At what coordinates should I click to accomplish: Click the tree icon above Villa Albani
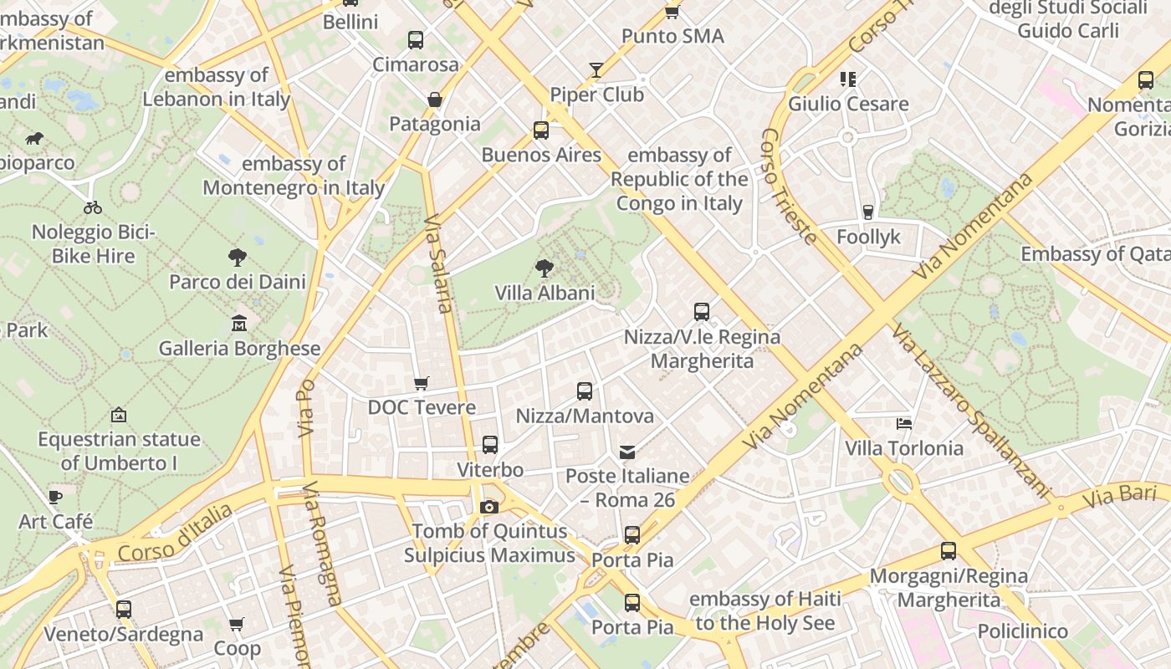(545, 268)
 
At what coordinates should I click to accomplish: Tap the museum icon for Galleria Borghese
(239, 323)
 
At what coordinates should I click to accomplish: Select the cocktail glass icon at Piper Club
(596, 70)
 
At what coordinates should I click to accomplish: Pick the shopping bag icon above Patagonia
(435, 100)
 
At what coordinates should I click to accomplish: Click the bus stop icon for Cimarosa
(416, 39)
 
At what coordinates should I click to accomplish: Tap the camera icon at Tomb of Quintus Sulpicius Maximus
(489, 507)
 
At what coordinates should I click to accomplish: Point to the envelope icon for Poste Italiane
(627, 452)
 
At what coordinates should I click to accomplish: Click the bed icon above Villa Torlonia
(904, 423)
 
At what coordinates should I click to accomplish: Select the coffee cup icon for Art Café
(55, 497)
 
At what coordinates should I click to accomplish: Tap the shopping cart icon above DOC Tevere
(422, 383)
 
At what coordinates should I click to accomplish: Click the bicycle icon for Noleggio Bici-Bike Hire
(93, 207)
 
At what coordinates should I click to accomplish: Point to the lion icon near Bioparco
(34, 138)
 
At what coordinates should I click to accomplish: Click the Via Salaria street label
(438, 264)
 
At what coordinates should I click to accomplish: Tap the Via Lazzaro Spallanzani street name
(970, 410)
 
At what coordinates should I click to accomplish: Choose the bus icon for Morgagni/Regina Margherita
(949, 551)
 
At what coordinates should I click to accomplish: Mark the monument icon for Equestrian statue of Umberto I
(119, 415)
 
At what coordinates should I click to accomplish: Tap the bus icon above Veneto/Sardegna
(124, 610)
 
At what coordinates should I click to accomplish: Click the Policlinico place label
(1022, 631)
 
